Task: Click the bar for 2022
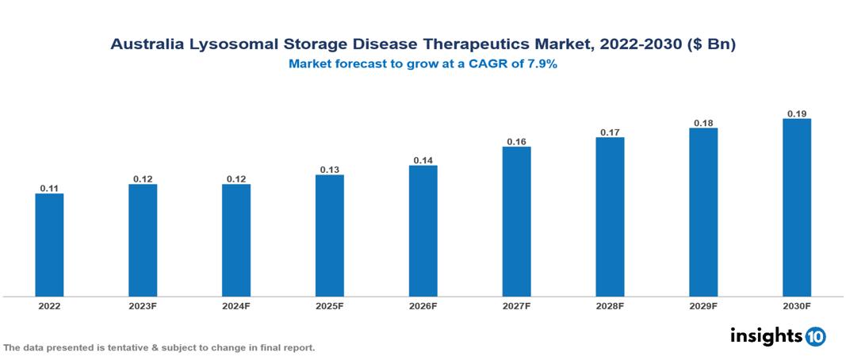49,244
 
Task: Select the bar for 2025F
330,235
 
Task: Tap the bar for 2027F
516,221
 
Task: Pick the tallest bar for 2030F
797,207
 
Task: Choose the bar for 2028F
610,216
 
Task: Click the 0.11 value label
49,189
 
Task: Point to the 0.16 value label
516,142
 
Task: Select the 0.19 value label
797,113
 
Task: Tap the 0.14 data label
423,160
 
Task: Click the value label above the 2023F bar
143,179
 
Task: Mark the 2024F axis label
236,305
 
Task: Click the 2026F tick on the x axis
423,305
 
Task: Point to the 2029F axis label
703,305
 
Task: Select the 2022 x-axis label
49,305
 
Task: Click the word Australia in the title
148,45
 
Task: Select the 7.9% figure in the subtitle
542,64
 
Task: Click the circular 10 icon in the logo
816,336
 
